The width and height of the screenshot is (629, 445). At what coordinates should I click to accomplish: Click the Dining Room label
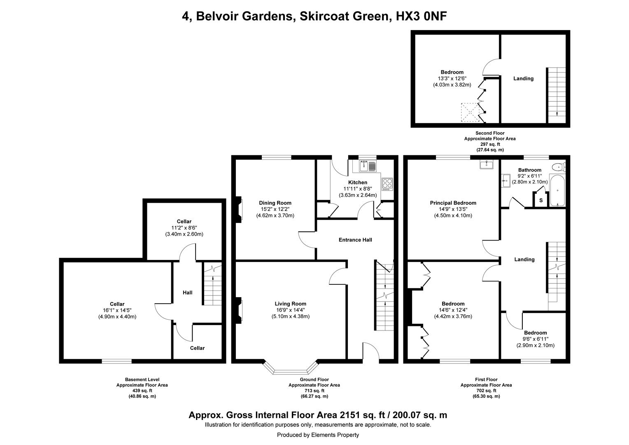[275, 203]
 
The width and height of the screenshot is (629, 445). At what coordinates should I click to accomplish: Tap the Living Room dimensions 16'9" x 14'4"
[290, 310]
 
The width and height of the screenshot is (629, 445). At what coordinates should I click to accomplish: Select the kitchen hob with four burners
[387, 183]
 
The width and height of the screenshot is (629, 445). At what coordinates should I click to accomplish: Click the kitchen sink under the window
[368, 166]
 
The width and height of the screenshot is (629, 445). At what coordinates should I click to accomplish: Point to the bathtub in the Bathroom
[558, 191]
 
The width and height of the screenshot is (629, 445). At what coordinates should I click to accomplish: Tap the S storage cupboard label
[540, 200]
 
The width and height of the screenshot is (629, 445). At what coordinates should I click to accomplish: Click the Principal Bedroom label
[453, 203]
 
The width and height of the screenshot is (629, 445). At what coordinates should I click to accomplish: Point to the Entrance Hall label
[355, 240]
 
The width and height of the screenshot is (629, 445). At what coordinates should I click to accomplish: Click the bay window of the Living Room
[291, 370]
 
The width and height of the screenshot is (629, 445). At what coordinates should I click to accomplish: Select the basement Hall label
[187, 293]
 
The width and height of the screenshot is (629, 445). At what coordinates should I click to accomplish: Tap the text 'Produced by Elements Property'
[318, 435]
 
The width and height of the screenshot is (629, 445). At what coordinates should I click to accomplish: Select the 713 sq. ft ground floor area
[314, 391]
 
